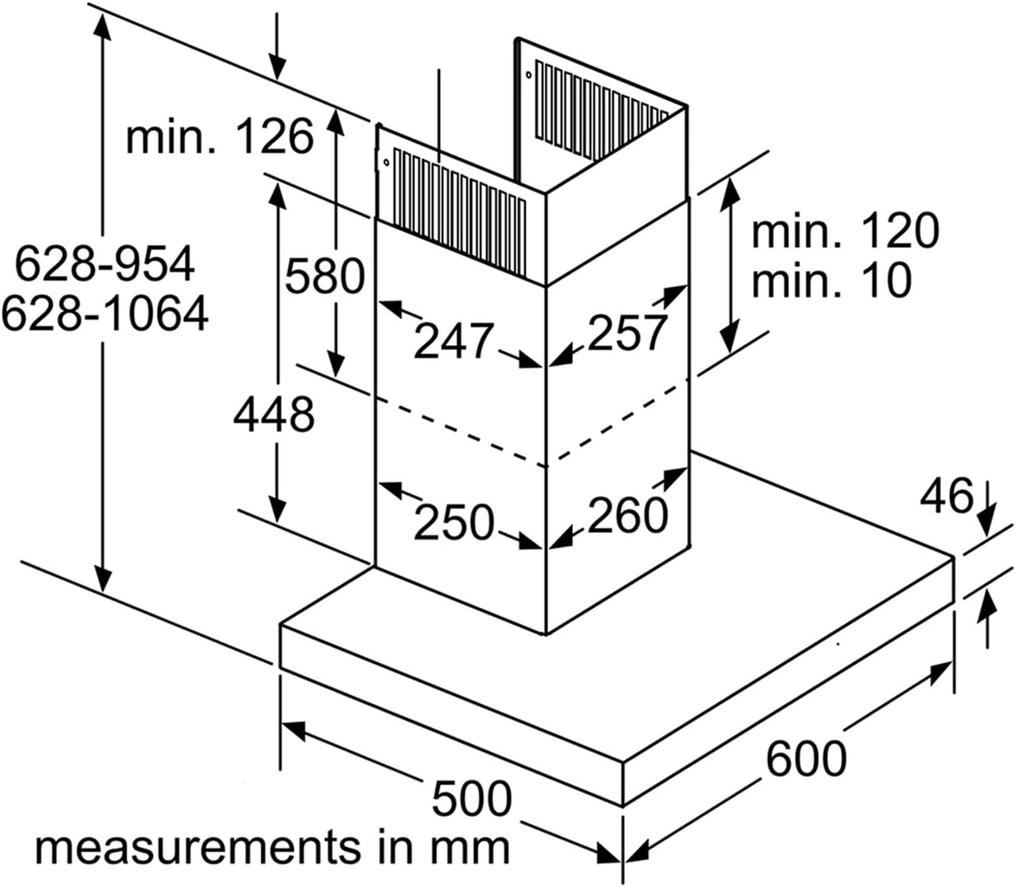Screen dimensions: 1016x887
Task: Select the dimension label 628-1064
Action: click(105, 313)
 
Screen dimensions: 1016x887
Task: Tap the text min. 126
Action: click(220, 135)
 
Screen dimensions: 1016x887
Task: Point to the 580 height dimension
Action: click(325, 276)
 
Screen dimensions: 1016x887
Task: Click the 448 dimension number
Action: click(274, 414)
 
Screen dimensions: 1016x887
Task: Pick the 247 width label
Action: click(454, 341)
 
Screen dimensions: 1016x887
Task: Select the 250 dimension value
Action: click(454, 522)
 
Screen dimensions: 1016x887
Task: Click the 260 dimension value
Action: click(628, 516)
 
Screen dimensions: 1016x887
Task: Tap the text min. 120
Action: click(845, 231)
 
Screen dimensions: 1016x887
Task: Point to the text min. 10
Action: click(832, 280)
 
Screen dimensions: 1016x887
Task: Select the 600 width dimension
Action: click(806, 758)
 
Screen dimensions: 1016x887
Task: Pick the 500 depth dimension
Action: click(472, 798)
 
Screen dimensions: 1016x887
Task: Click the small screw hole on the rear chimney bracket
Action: click(529, 75)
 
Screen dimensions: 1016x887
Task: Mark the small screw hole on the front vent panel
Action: click(386, 162)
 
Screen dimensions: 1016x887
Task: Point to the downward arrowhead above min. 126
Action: click(277, 69)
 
